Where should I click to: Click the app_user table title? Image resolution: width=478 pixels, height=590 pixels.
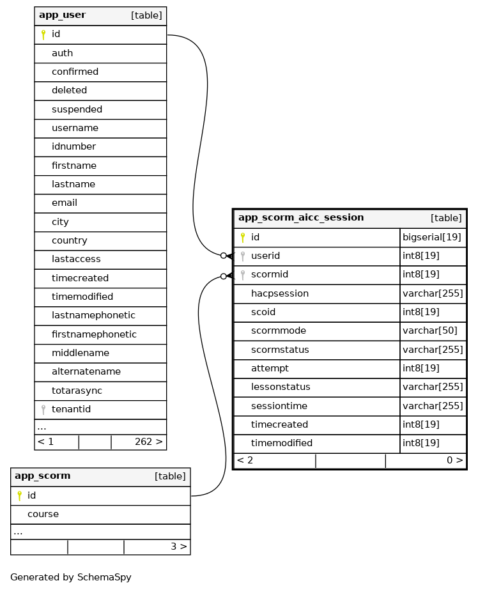click(62, 15)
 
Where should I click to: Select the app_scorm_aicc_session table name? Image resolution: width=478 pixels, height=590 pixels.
click(301, 218)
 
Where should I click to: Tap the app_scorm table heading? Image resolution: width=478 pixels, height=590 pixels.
click(42, 476)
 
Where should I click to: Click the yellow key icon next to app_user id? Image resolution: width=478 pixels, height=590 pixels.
click(43, 35)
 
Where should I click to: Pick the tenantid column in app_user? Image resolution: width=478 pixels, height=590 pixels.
click(71, 409)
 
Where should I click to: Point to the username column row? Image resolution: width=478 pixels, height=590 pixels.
click(75, 128)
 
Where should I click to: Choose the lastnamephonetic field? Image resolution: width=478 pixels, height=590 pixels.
click(93, 315)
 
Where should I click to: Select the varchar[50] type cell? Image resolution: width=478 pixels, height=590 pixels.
click(429, 331)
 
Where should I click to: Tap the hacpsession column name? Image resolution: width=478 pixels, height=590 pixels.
click(279, 293)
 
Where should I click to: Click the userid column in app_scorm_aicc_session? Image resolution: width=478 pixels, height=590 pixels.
click(265, 256)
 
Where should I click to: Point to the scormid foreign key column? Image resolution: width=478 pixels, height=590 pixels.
click(269, 275)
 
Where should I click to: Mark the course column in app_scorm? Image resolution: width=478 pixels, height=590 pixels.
click(43, 514)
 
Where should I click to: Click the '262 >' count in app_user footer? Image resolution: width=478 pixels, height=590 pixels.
click(148, 442)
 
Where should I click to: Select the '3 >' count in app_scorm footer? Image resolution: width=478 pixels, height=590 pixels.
click(178, 547)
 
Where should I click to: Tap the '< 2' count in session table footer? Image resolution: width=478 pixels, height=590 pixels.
click(245, 460)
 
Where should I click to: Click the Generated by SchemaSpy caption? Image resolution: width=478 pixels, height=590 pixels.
click(70, 577)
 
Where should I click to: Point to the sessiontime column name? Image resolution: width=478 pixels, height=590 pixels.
click(279, 406)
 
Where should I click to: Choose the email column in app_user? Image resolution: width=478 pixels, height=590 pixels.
click(64, 203)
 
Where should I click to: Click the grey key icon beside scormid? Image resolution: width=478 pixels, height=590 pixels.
click(243, 275)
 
